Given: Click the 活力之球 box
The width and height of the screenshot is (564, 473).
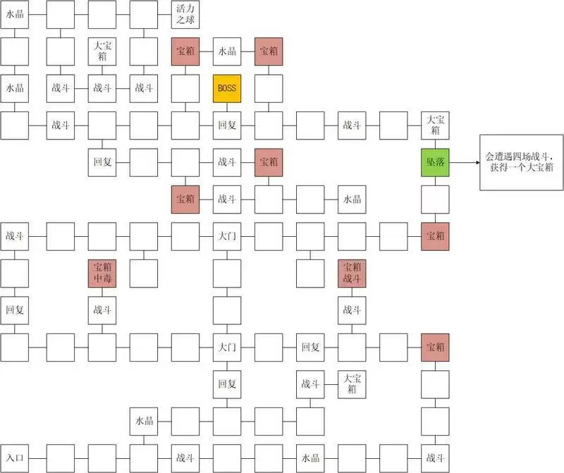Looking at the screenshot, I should (x=185, y=14).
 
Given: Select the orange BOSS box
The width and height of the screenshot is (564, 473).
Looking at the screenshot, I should (x=226, y=88).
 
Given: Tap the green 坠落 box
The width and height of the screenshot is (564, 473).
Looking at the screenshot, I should (x=435, y=162).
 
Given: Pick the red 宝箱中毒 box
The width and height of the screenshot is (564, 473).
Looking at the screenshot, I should (x=102, y=274).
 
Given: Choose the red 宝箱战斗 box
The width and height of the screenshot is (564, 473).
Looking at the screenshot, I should (x=352, y=274).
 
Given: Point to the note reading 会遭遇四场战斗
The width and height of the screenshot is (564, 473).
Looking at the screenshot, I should (x=521, y=162).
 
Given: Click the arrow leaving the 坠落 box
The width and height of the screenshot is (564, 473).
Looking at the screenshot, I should (x=463, y=162).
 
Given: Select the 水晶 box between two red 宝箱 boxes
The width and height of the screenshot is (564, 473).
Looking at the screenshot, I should (x=226, y=51).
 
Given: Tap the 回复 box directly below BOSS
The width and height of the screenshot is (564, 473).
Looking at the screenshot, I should (x=226, y=125).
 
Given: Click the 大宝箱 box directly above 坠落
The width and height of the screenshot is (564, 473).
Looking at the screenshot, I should (x=435, y=125).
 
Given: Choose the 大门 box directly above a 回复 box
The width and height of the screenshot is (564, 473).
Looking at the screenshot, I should (x=226, y=348).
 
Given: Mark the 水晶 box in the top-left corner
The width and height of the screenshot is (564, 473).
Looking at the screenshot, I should (x=14, y=14).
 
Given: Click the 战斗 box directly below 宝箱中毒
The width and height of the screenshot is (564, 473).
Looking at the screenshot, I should (x=102, y=310).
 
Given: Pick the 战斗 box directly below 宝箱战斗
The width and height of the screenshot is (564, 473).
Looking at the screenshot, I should (x=352, y=310).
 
